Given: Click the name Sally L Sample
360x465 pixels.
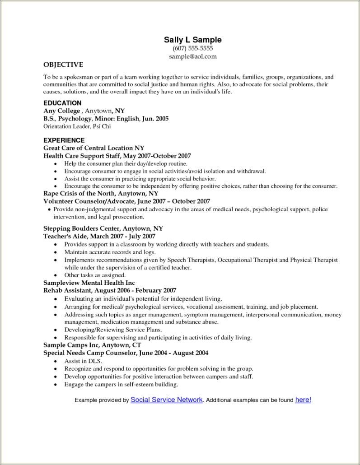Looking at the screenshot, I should click(192, 40).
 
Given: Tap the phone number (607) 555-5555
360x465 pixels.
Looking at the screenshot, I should click(192, 48).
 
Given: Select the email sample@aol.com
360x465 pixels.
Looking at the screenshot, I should click(193, 56).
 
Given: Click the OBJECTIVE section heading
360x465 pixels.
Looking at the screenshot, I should click(63, 65).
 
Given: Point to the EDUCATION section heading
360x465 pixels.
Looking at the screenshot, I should click(62, 103).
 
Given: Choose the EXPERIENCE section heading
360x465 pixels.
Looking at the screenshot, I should click(64, 140).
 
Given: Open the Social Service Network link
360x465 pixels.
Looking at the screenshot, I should click(166, 400).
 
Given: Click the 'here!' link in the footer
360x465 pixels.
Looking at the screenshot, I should click(303, 400).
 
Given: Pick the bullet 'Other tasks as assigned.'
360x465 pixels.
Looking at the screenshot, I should click(95, 275).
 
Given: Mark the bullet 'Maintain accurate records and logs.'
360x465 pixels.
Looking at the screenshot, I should click(110, 252).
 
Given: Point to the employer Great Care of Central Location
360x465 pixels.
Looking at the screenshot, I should click(89, 148).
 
